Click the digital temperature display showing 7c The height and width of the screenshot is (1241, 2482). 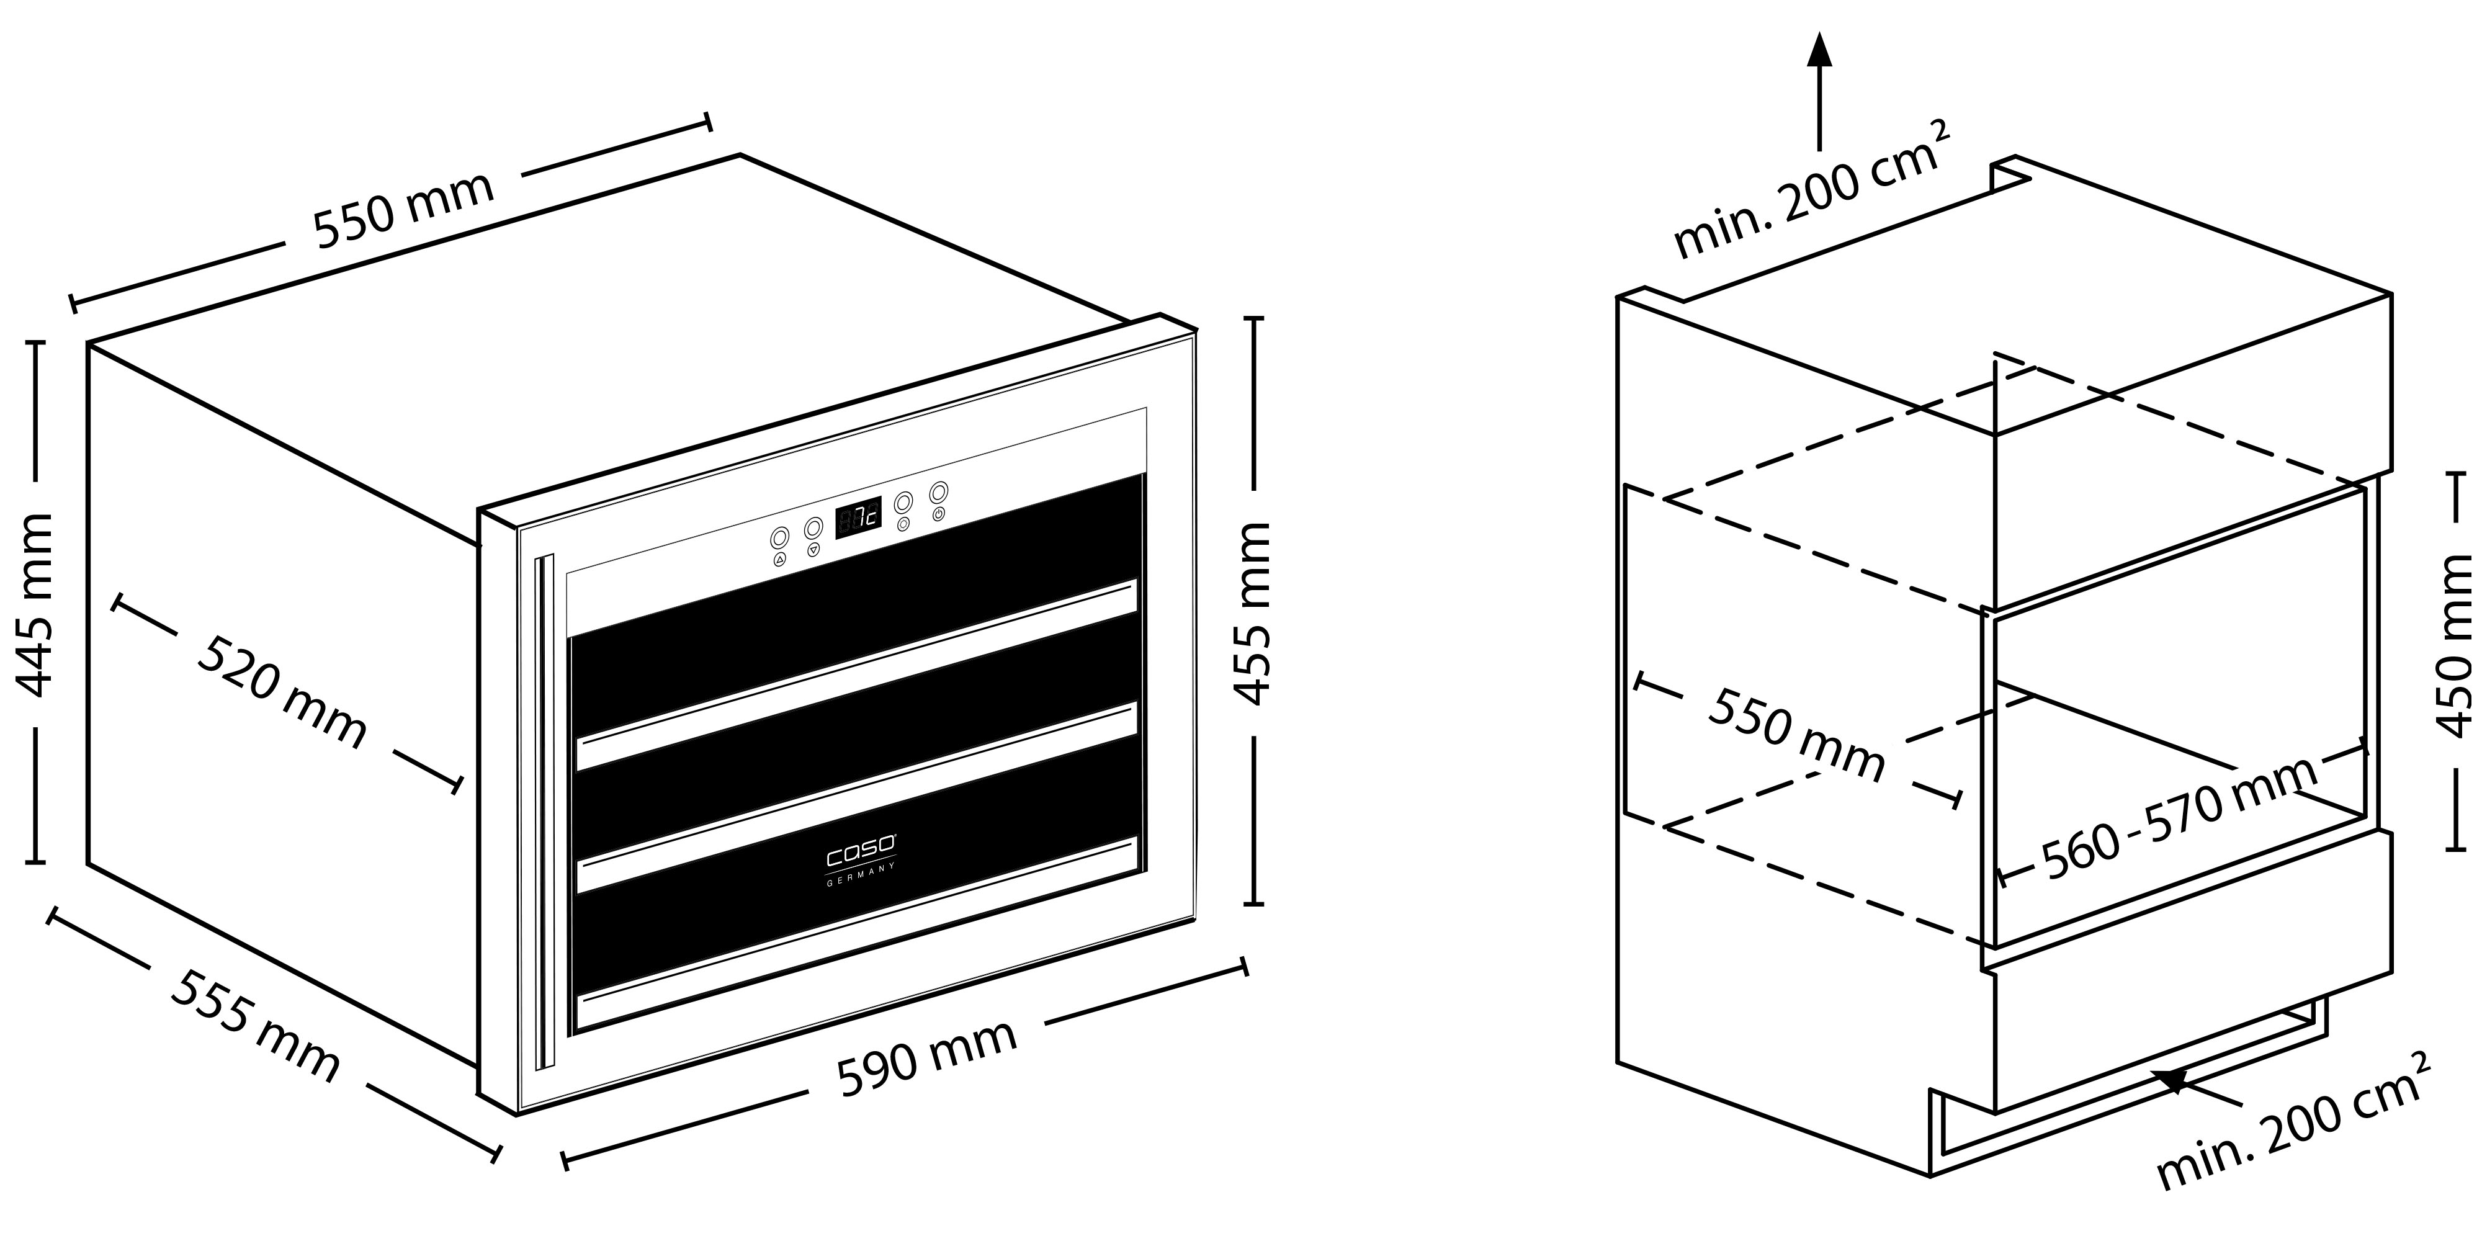pos(858,518)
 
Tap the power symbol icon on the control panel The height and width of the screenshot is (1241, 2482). pos(938,514)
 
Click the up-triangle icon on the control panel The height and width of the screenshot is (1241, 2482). pos(779,559)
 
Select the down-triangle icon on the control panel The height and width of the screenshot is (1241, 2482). pos(814,549)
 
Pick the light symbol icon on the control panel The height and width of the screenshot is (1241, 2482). pos(903,525)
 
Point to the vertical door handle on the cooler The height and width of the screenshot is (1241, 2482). pos(545,809)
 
